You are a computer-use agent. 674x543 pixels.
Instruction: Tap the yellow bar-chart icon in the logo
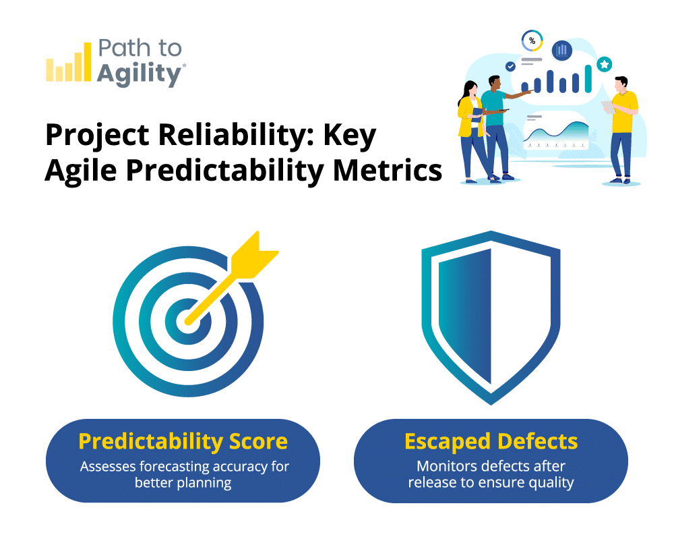pos(69,62)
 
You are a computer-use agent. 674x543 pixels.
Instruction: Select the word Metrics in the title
pos(388,171)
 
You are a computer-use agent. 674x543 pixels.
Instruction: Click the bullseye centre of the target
pos(188,321)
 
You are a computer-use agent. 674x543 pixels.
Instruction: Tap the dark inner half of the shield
pos(465,316)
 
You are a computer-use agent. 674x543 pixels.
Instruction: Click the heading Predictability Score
pos(183,441)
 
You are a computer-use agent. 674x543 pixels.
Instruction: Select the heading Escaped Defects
pos(491,441)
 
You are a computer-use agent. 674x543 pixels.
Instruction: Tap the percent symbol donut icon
pos(532,41)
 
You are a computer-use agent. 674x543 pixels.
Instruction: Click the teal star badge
pos(605,65)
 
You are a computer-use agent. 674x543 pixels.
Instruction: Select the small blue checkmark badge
pos(510,66)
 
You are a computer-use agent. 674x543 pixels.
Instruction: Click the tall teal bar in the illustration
pos(588,78)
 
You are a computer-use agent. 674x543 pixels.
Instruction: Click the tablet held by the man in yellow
pos(608,107)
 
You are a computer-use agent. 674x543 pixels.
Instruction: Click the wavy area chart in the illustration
pos(556,132)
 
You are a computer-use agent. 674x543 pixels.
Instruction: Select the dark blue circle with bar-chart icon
pos(562,51)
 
